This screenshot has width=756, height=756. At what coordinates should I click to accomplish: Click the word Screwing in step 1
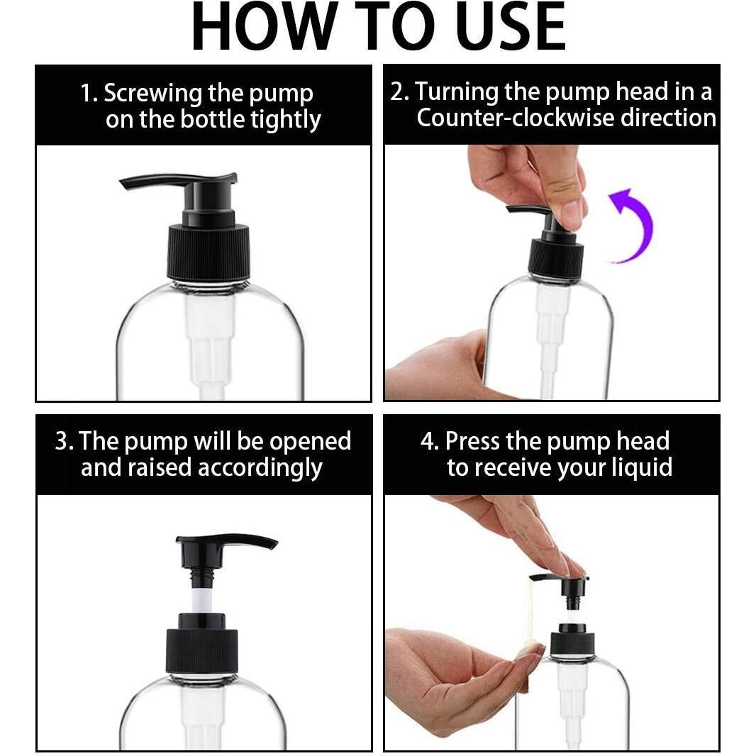pos(152,94)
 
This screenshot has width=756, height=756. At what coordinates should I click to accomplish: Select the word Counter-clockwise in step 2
pos(515,118)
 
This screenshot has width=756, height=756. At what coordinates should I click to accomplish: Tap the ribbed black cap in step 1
pos(209,252)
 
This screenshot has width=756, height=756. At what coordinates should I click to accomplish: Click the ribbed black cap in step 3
pos(202,650)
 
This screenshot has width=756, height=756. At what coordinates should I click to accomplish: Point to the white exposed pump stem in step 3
pos(203,596)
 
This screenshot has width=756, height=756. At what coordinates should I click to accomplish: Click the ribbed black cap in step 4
pos(572,644)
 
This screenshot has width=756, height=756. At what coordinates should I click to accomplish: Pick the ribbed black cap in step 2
pos(556,257)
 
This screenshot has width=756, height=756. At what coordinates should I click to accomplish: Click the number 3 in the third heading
pos(61,441)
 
